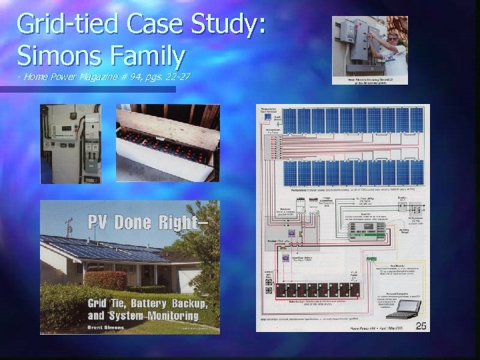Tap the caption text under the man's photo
370,79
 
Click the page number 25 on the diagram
421,325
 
